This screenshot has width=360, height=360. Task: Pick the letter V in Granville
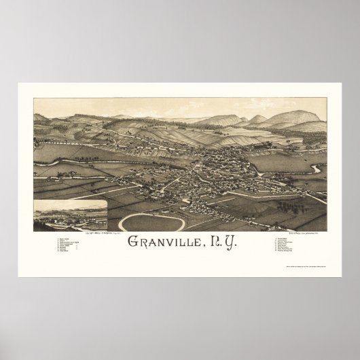160,243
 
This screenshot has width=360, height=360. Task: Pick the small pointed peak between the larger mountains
258,118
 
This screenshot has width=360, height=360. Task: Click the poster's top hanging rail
180,84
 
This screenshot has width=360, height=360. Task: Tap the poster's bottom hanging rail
180,275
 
